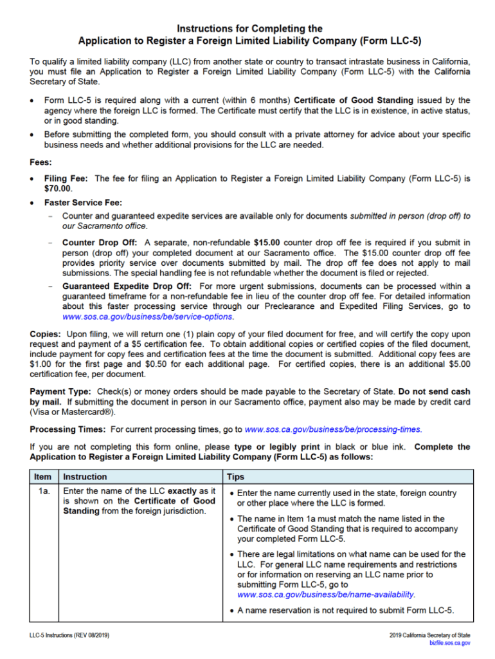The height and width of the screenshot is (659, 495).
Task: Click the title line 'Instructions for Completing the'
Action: pos(249,29)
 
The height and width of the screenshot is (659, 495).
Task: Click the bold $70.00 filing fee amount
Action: pos(58,189)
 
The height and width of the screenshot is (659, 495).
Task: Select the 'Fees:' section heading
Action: pos(41,162)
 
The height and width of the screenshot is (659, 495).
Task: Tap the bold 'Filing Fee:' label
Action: pos(67,178)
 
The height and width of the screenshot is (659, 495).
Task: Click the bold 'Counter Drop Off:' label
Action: pos(102,243)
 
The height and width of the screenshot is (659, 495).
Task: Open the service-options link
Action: pos(148,317)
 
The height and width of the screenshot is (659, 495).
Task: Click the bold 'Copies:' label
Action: pos(46,335)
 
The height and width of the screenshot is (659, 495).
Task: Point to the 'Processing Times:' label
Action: pos(69,429)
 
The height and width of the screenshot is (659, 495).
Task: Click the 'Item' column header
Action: pos(42,477)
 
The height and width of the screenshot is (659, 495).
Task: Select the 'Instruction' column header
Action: pos(85,477)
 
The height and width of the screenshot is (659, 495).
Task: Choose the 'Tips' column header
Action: pos(235,477)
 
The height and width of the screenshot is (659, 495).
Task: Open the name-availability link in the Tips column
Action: pos(326,595)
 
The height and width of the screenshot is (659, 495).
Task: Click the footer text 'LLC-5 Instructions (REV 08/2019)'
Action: pos(69,635)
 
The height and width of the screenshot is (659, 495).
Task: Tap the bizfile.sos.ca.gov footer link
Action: pos(449,643)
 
